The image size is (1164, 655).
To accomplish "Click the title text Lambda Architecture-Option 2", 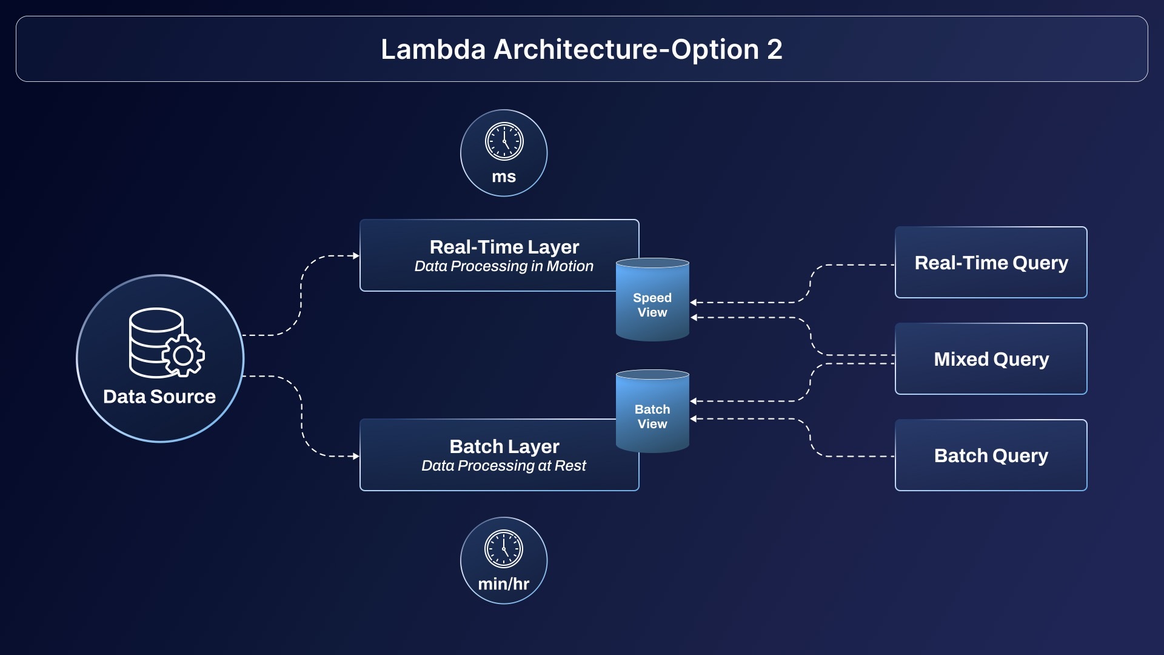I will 581,49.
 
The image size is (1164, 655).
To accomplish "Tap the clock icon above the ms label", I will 504,141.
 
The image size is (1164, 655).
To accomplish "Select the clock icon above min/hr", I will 504,549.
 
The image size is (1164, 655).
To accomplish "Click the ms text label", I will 504,176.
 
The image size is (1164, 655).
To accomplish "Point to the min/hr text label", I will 504,584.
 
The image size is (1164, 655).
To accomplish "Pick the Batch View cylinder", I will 652,413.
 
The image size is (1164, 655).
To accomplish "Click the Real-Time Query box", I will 991,263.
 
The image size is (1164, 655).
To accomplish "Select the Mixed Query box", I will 991,359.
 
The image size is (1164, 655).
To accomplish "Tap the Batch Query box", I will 991,455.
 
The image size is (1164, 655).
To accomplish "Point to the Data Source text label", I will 159,397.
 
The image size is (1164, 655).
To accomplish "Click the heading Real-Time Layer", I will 504,247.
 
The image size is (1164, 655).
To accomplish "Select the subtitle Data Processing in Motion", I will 504,266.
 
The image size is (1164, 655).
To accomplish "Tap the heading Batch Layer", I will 504,446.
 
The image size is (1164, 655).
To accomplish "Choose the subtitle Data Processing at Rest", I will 504,466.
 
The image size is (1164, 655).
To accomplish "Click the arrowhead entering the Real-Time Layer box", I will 356,256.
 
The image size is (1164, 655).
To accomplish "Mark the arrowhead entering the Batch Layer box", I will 356,456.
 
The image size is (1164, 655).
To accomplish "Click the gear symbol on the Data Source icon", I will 183,355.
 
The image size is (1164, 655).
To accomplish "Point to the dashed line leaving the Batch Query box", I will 861,456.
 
